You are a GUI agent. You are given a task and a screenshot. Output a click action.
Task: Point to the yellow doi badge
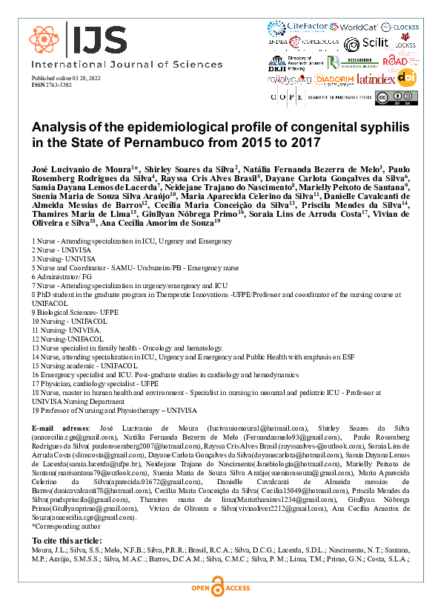pyautogui.click(x=406, y=76)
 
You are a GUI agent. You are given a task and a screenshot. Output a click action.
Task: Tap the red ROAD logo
pyautogui.click(x=394, y=61)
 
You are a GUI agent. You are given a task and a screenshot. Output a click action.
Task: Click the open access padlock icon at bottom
pyautogui.click(x=221, y=588)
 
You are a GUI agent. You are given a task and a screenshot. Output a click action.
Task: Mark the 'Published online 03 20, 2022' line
pyautogui.click(x=70, y=79)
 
